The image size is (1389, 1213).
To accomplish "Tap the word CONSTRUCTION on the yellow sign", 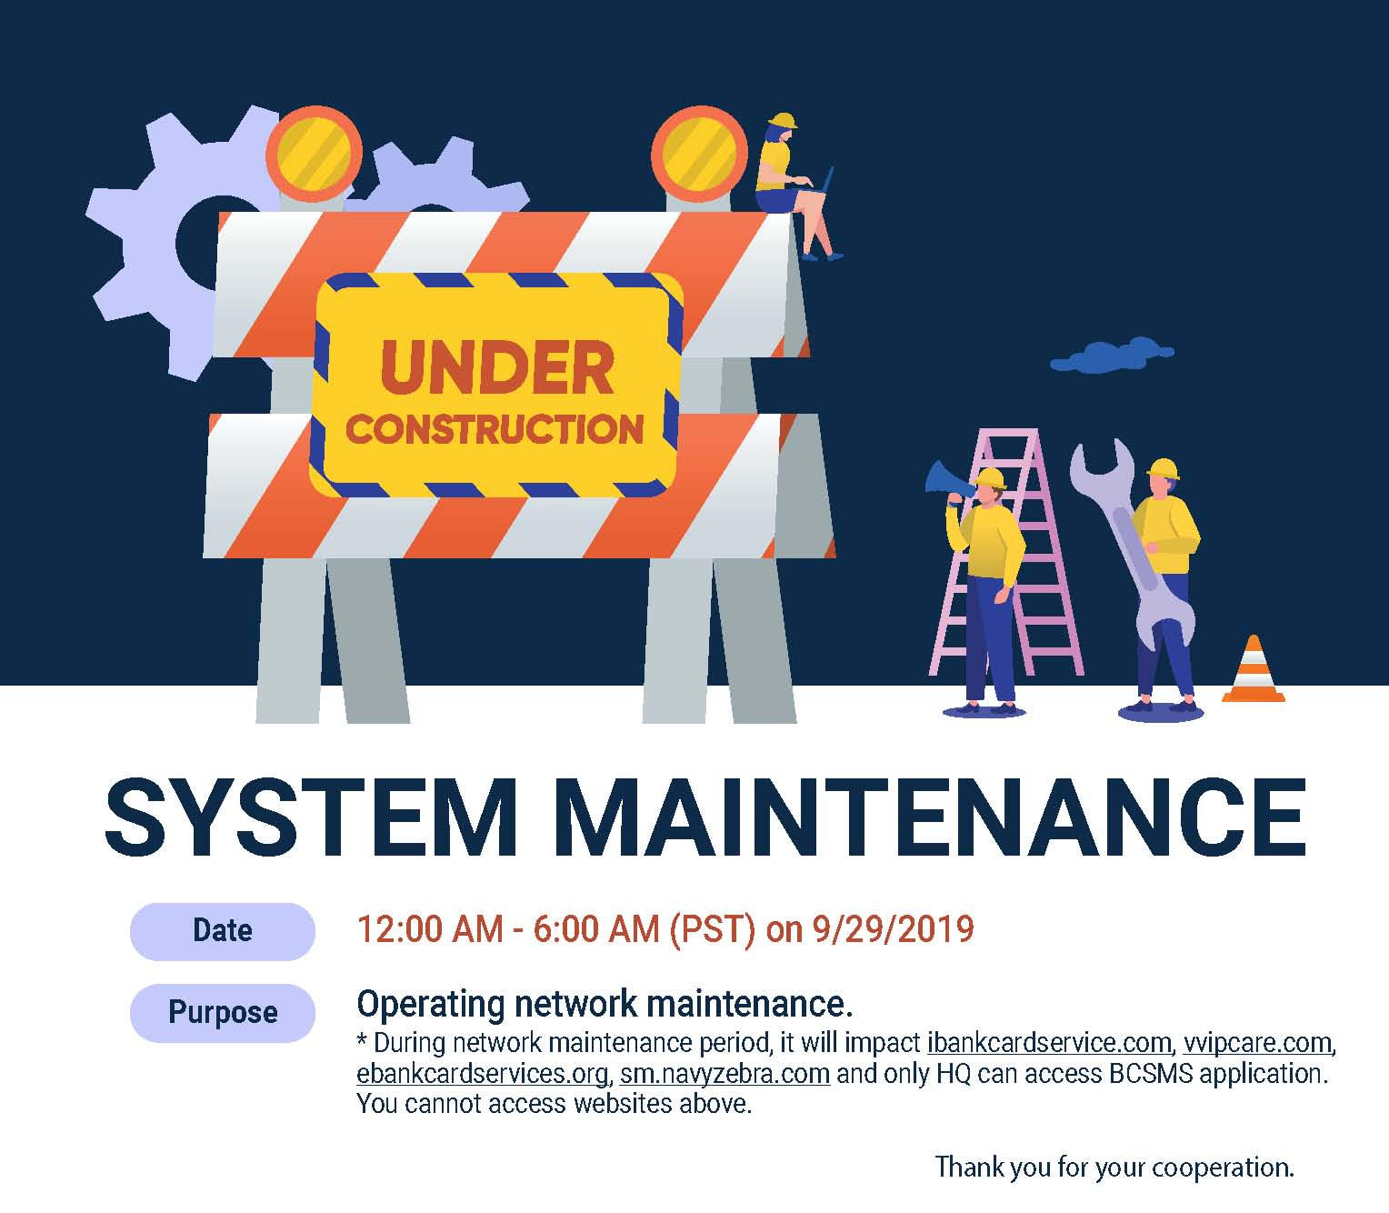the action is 495,429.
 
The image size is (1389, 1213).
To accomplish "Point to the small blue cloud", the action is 1112,356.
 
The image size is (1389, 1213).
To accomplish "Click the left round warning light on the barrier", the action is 314,154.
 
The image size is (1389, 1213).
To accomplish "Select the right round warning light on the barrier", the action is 699,154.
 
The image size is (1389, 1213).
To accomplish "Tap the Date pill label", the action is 223,931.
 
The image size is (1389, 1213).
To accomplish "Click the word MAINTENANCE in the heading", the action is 930,817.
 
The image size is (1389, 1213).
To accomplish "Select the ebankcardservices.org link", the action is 482,1074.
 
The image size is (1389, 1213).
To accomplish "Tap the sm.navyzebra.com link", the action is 725,1074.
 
